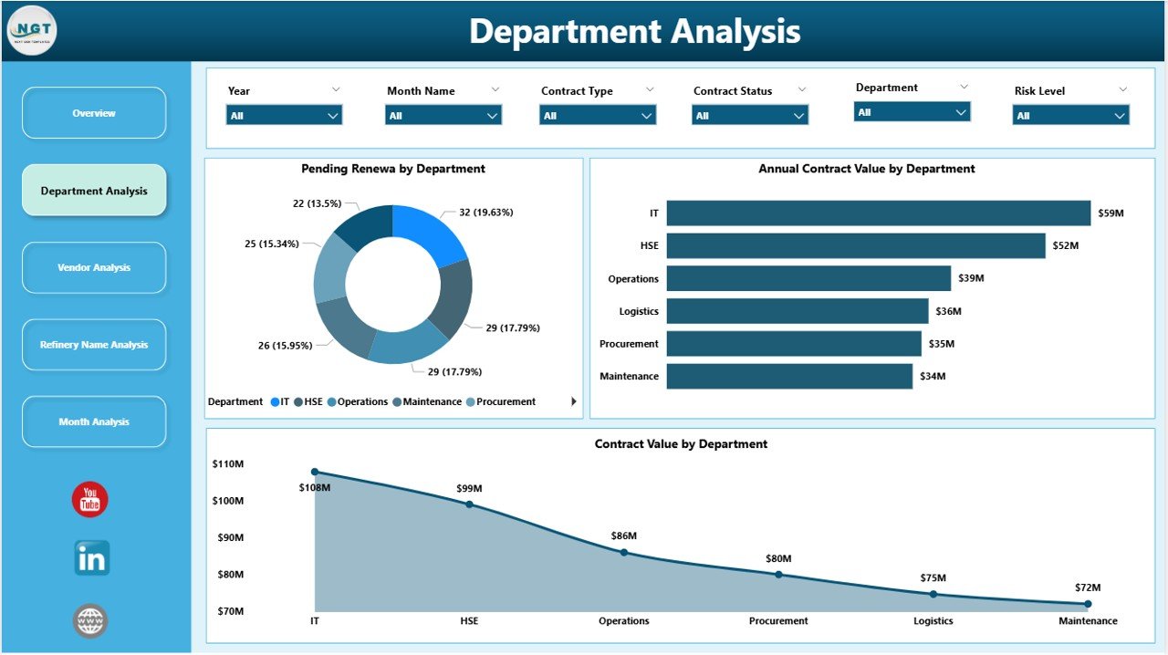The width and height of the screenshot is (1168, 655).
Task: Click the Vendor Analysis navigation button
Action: coord(94,267)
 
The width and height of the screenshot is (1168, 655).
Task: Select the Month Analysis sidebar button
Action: coord(94,421)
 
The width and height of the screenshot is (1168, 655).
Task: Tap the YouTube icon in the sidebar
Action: coord(90,500)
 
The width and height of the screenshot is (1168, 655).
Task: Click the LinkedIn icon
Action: coord(91,558)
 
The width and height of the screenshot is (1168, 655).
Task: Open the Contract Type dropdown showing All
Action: coord(597,116)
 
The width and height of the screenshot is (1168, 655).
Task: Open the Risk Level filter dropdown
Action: coord(1070,116)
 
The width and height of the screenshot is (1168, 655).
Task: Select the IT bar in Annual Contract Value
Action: coord(878,213)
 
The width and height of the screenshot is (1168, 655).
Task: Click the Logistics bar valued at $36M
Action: coord(797,311)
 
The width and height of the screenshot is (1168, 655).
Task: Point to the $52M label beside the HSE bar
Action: coord(1065,246)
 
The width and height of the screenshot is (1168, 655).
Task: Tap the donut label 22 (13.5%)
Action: coord(317,203)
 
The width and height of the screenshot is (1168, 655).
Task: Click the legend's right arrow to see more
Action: coord(573,401)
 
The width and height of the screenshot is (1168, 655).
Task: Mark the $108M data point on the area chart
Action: coord(315,472)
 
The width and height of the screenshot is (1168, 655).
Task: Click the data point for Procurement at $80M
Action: coord(778,574)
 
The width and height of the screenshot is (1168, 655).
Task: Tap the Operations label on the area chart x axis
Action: coord(624,621)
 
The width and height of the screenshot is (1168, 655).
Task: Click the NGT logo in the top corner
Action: coord(32,30)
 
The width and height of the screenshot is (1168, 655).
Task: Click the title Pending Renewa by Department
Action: coord(393,169)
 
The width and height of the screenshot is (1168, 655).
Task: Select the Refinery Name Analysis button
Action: coord(94,345)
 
